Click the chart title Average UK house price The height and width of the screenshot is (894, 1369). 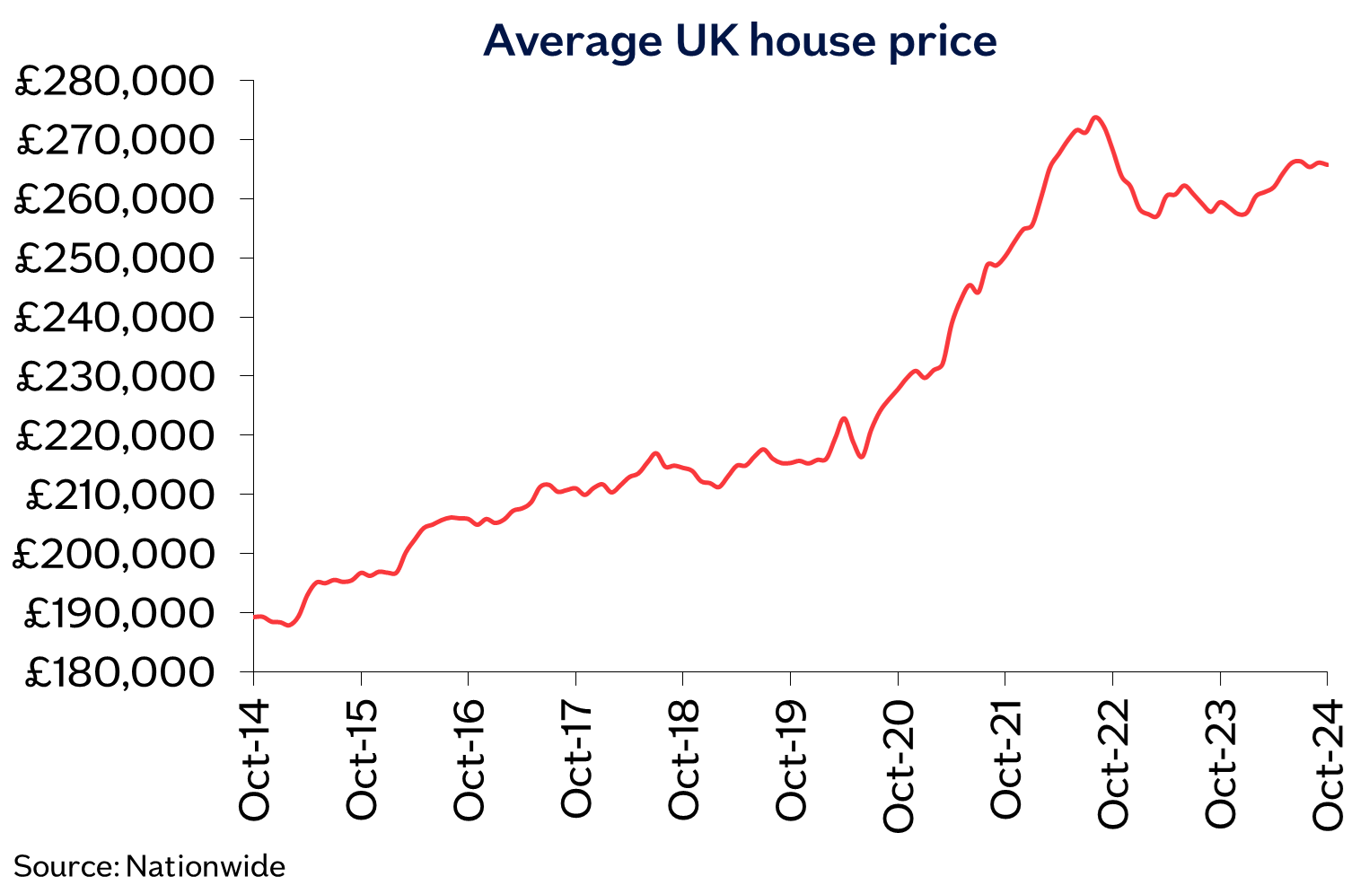coord(740,41)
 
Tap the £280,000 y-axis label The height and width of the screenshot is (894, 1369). coord(116,82)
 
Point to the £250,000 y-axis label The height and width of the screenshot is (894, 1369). coord(116,259)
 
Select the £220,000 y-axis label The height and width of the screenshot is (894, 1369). coord(116,435)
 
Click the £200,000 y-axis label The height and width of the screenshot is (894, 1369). coord(114,554)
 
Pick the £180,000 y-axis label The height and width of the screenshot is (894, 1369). coord(119,672)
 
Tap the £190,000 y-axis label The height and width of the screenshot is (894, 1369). coord(119,613)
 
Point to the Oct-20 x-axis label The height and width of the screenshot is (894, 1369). coord(899,766)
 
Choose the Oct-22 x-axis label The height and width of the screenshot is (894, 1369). coord(1113,766)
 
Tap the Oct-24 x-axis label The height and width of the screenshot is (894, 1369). coord(1328,766)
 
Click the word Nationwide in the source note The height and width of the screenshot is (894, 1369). coord(206,867)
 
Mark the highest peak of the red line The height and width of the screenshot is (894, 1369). coord(1094,117)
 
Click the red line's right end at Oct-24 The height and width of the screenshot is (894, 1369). coord(1327,164)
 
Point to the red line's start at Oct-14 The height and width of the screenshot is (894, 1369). coord(255,617)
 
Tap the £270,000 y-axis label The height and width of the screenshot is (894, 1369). coord(116,141)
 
